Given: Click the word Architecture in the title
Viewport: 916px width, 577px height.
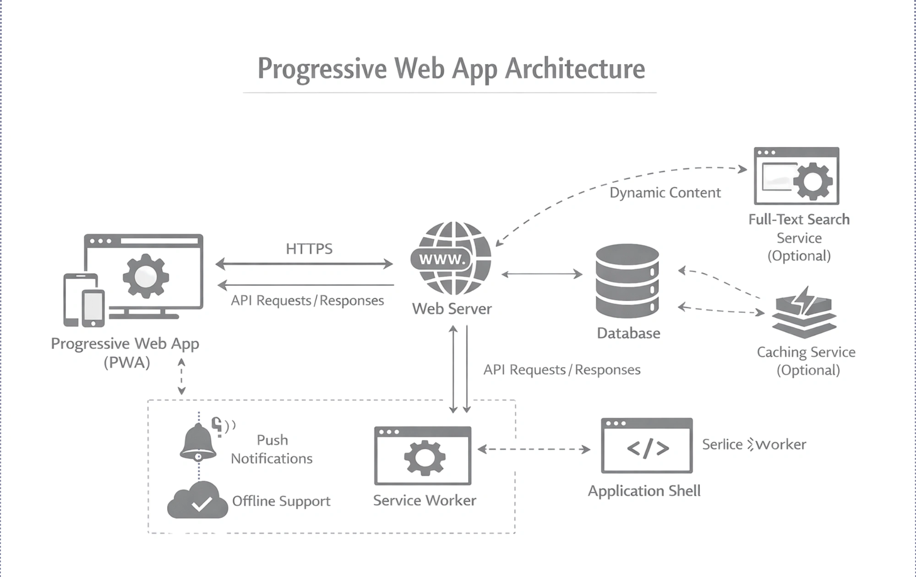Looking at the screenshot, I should (x=575, y=69).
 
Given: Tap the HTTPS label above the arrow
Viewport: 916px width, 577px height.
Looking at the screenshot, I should (x=309, y=249).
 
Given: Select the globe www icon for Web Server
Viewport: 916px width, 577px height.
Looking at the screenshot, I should (x=451, y=258).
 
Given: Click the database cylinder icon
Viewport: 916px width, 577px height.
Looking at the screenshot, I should (x=627, y=280).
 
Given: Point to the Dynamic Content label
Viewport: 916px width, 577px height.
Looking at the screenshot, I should (x=665, y=193).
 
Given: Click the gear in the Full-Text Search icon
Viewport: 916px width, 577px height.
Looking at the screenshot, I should (x=812, y=181).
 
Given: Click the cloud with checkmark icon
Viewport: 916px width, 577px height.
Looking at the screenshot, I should (x=198, y=501).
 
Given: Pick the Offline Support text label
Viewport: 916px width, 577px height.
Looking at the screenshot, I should (x=281, y=501).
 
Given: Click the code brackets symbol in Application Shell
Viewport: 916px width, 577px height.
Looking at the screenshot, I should (x=648, y=448).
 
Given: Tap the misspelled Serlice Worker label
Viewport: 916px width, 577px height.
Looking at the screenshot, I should (x=754, y=445).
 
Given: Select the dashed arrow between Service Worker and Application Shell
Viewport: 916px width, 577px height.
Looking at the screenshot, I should (x=534, y=449).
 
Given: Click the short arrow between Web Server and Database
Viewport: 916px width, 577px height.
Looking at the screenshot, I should (x=542, y=274).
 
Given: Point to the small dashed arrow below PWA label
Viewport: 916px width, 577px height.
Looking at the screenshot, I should (x=181, y=376).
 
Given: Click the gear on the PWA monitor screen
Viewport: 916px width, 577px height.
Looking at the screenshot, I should (x=145, y=276).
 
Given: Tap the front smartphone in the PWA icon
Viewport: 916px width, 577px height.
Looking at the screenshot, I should (x=93, y=308).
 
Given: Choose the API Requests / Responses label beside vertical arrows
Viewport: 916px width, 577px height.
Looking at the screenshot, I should (x=562, y=370).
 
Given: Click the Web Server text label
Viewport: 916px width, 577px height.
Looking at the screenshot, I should (x=452, y=309).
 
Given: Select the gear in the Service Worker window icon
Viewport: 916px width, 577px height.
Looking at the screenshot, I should (x=424, y=457).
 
